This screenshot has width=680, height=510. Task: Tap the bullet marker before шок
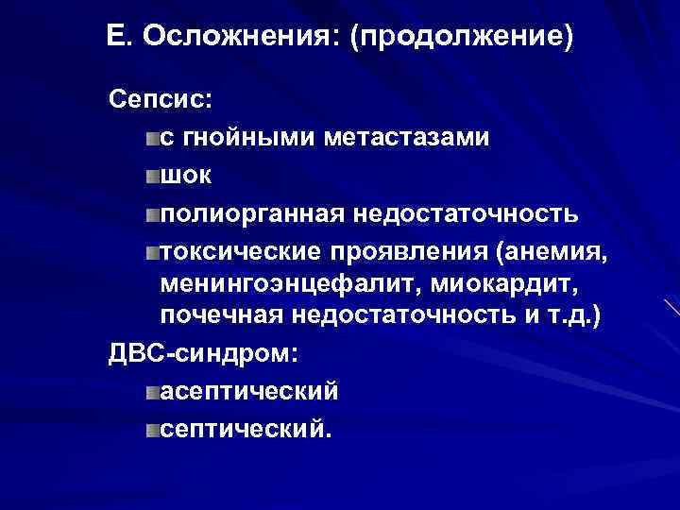click(x=153, y=176)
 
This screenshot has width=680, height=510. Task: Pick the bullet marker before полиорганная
click(x=153, y=214)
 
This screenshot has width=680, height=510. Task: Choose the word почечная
click(x=223, y=315)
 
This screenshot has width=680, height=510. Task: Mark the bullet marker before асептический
click(x=153, y=392)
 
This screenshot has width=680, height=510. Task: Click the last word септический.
click(x=246, y=429)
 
